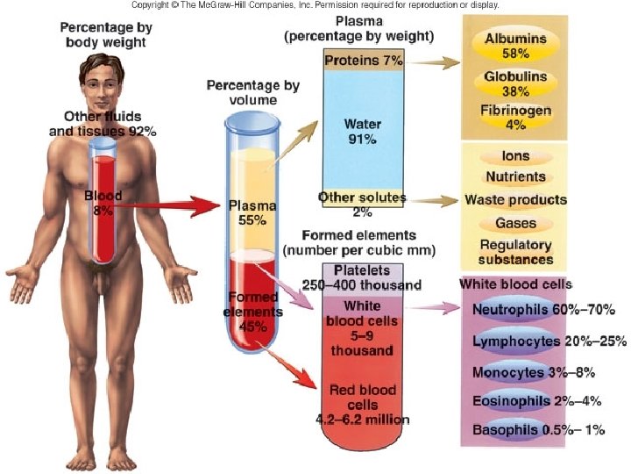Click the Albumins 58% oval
515,45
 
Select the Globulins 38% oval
515,83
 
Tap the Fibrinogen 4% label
515,118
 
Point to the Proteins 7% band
364,60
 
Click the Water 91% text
363,132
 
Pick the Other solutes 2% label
362,205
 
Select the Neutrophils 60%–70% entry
543,310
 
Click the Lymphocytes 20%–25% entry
549,341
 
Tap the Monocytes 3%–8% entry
534,372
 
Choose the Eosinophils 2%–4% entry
537,401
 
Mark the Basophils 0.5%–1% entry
538,429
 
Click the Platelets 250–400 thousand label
362,277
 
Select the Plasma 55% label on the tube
252,212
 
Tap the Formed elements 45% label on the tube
252,312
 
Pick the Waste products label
515,199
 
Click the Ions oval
515,156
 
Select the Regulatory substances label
515,252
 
